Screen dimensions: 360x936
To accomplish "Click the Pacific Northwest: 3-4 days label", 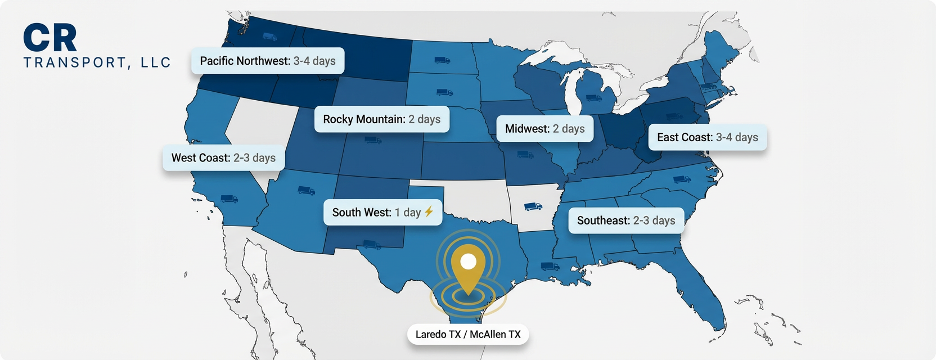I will pos(268,61).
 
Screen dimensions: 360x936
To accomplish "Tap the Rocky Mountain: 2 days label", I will pos(381,119).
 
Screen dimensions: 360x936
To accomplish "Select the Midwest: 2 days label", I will pos(544,129).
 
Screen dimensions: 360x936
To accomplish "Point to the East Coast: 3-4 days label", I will pos(707,137).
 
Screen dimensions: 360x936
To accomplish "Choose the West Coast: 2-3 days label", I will pos(223,158).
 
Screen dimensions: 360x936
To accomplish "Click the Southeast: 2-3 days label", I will pos(625,220).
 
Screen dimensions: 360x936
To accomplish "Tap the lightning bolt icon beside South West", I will pos(429,211).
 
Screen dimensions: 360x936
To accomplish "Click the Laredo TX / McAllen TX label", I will pos(468,334).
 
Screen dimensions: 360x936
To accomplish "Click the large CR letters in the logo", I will pos(50,38).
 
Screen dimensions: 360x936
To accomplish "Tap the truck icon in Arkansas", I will pos(533,207).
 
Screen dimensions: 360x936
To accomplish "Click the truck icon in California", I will pos(229,199).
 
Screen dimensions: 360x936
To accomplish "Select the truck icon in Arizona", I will pos(306,191).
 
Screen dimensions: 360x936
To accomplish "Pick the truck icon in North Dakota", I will pos(442,60).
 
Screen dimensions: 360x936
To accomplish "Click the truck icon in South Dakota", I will pos(444,92).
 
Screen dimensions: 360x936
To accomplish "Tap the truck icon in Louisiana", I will pos(550,266).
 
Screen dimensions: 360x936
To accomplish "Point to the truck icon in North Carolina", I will pos(682,180).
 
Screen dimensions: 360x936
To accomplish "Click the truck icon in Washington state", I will pos(269,37).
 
